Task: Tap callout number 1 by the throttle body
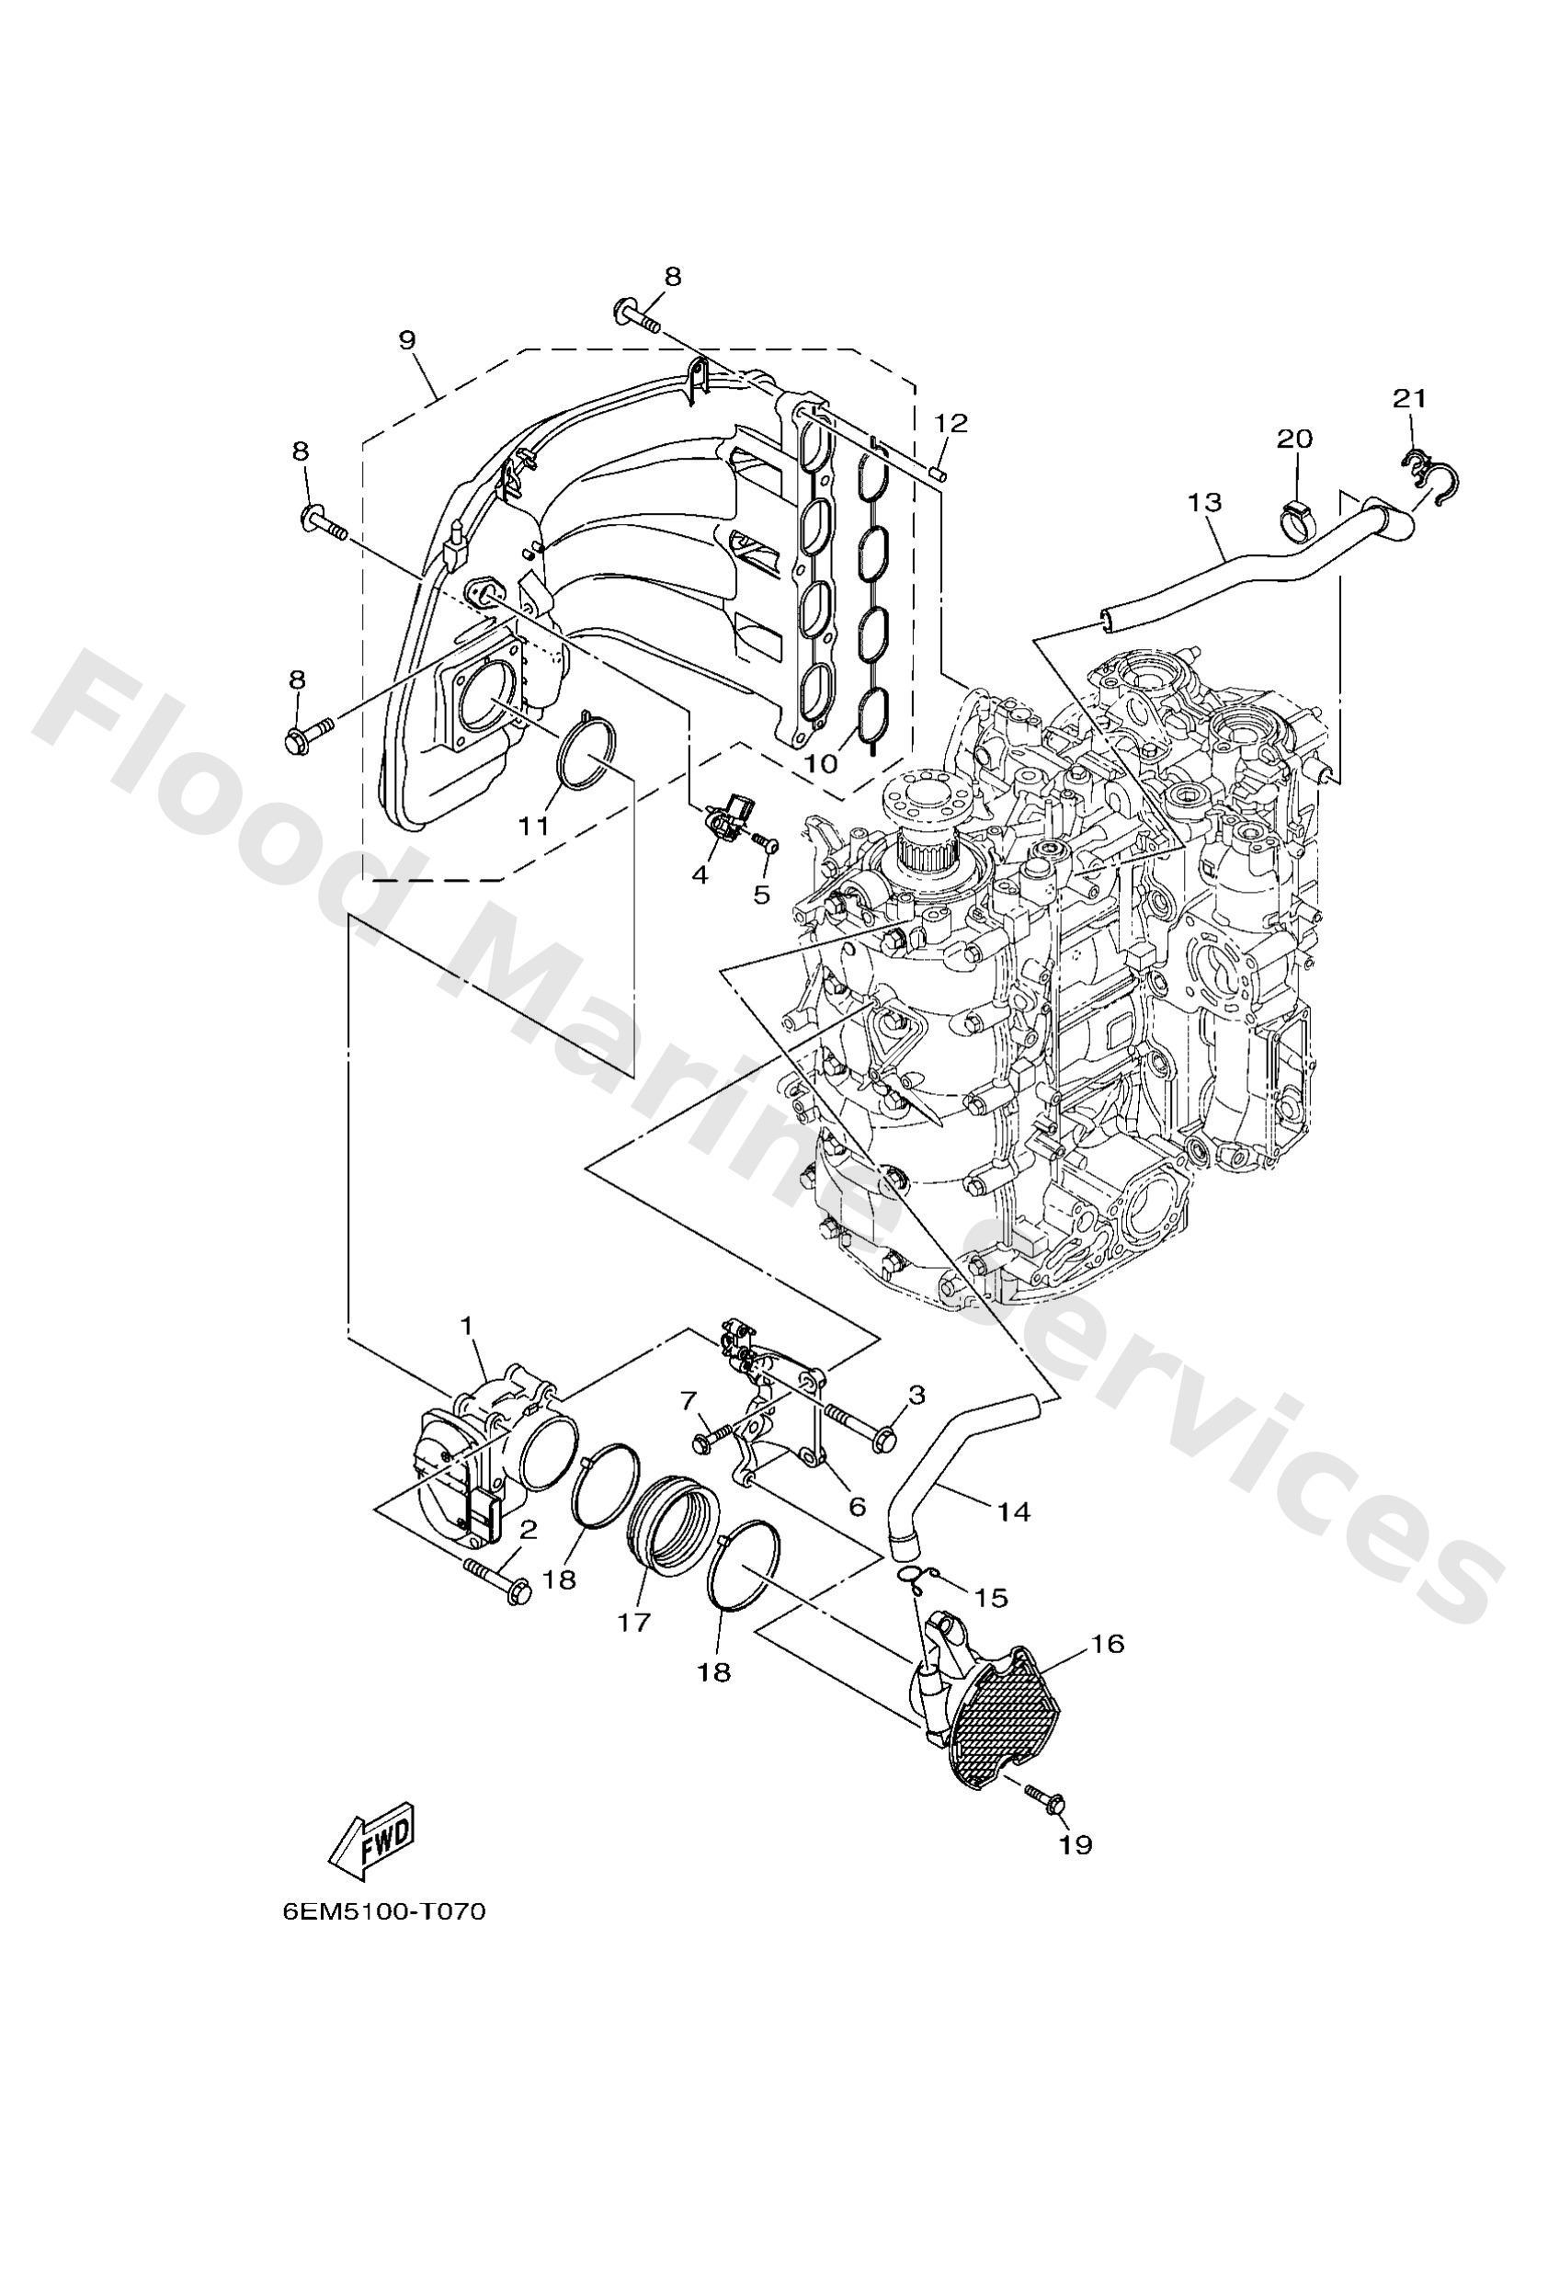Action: pos(467,1326)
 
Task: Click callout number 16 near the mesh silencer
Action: pos(1108,1644)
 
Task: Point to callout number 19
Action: pos(1076,1844)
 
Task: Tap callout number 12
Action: pos(950,423)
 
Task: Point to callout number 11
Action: pos(534,826)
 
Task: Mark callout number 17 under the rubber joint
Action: pos(634,1623)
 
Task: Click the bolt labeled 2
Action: pos(497,1579)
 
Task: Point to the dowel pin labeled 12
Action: pos(937,472)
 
